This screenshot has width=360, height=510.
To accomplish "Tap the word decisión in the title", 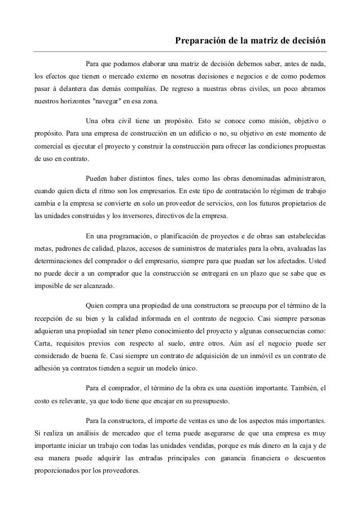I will (307, 41).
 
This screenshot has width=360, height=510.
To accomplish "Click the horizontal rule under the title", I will (180, 51).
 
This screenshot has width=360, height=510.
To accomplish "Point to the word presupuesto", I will (257, 400).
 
